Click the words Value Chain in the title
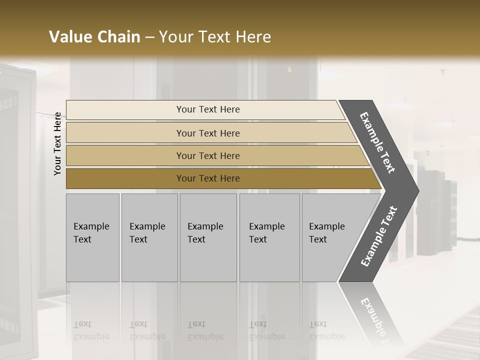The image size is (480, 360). tap(94, 37)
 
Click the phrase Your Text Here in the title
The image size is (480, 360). tap(215, 37)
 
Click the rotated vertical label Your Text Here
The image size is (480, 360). tap(57, 143)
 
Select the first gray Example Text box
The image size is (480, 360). tap(92, 237)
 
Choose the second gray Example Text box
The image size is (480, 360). tap(149, 237)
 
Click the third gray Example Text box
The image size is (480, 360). tap(208, 237)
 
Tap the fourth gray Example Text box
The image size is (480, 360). tap(269, 237)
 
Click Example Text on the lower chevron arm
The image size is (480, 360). tap(379, 236)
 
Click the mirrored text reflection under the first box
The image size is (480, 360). tap(91, 330)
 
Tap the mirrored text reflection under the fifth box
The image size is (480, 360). tap(326, 330)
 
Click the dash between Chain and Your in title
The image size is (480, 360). tap(149, 37)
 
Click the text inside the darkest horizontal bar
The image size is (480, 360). tap(208, 178)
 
